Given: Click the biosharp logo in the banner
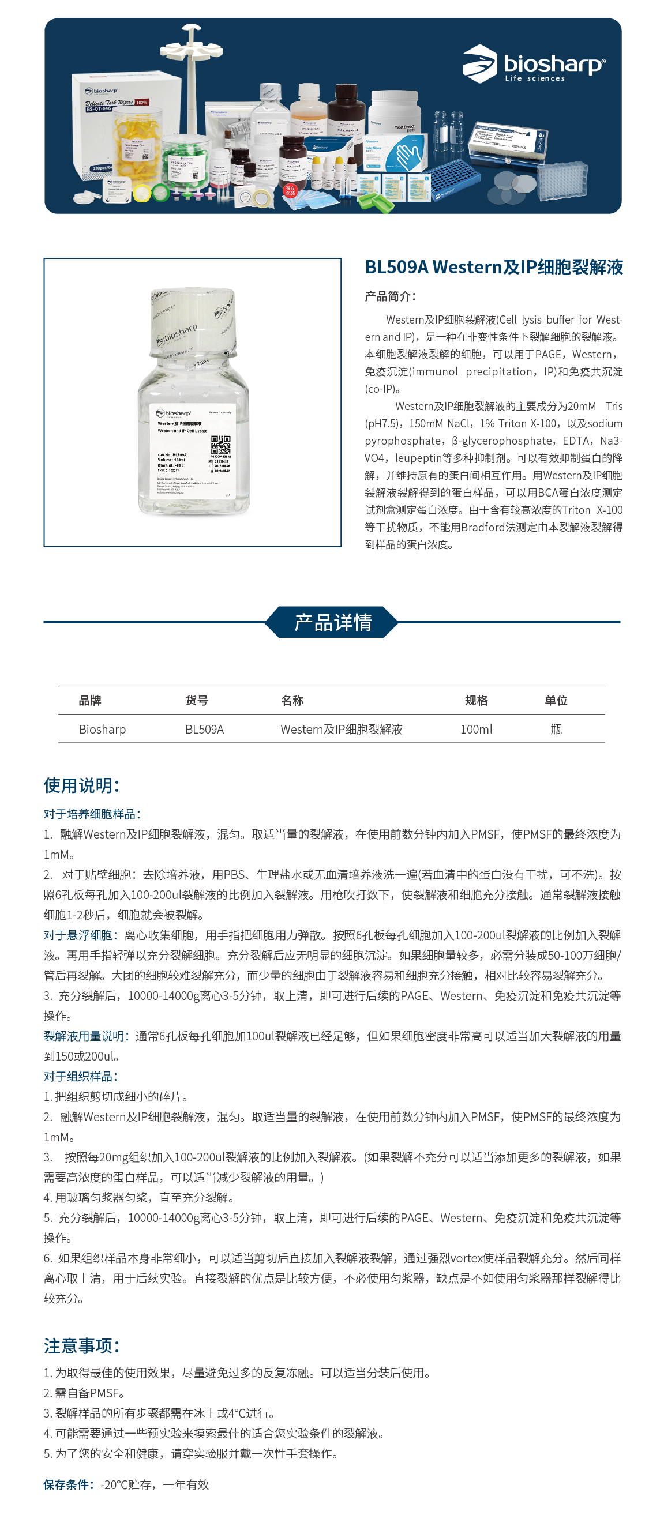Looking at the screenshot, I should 533,64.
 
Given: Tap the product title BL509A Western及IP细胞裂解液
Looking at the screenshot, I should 494,267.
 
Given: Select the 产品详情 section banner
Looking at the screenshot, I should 332,622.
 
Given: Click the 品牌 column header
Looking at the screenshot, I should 90,701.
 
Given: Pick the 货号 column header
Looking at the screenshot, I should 196,701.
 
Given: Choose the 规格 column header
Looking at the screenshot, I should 476,701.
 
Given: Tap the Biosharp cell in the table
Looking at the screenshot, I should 102,730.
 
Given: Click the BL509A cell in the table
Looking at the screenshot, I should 204,730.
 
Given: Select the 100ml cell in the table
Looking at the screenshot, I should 476,730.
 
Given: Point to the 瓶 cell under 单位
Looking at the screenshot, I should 556,730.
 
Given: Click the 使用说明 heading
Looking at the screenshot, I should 81,785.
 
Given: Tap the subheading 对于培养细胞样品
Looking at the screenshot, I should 92,814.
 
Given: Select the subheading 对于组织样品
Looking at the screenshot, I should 80,1076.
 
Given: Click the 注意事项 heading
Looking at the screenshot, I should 81,1345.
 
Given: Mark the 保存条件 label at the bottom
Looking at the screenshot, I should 68,1484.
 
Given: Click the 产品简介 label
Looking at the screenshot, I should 390,296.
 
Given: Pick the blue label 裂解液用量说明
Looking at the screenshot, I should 84,1036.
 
